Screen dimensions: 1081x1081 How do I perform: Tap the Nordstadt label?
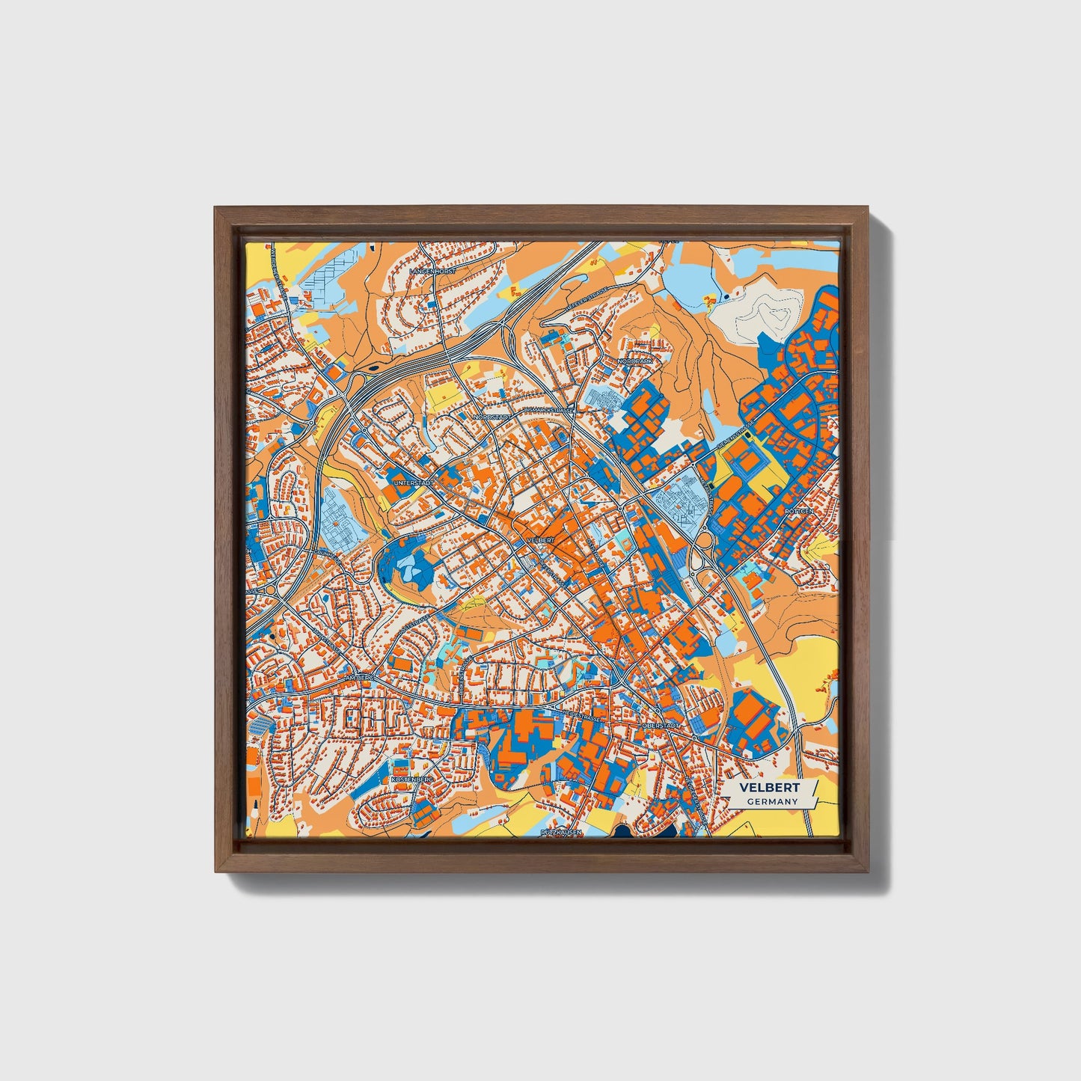tap(493, 417)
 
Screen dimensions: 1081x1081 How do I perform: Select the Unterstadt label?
tap(414, 483)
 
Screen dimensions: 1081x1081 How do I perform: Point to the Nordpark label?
tap(635, 361)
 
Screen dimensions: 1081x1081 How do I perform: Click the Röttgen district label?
tap(798, 511)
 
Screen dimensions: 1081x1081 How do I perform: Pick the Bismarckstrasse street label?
tap(549, 410)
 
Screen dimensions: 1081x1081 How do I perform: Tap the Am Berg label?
tap(358, 678)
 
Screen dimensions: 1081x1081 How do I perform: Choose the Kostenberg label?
tap(412, 780)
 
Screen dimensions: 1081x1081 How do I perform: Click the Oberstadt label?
tap(661, 725)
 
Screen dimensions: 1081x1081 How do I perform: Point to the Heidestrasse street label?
tap(583, 716)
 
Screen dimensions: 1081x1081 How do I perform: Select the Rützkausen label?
tap(561, 832)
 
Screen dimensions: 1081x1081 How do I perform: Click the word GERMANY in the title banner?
tap(771, 801)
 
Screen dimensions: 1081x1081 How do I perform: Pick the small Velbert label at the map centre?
tap(540, 539)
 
